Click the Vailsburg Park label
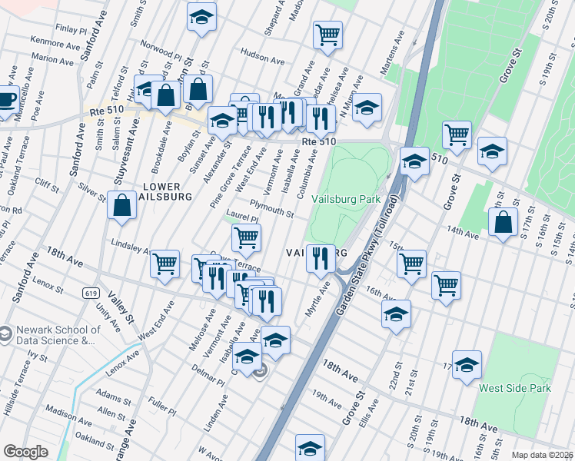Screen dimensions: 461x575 (346, 199)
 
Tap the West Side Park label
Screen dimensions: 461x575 (514, 388)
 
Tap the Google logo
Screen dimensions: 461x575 (25, 452)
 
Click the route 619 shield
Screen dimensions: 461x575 (90, 292)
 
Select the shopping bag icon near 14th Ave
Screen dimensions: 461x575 (502, 221)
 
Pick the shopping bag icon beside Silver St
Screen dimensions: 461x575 (122, 206)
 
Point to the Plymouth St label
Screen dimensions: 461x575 (271, 209)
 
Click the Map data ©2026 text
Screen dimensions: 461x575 (541, 455)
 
